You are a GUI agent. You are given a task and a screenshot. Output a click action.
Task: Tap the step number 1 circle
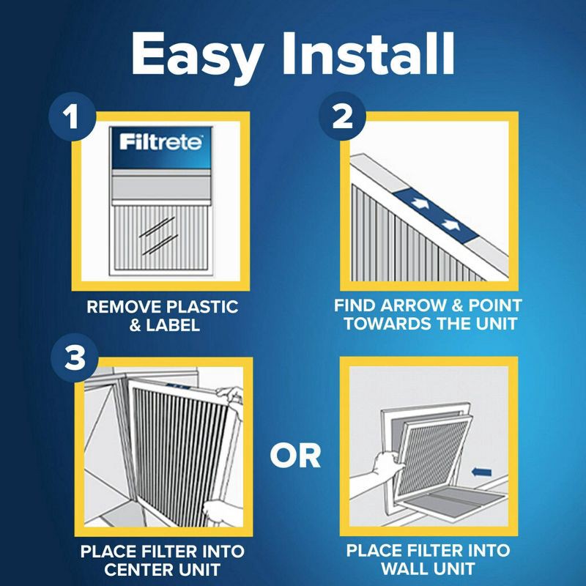72,118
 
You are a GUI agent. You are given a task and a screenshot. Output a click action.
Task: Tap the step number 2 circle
341,118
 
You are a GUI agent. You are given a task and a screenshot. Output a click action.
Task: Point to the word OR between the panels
295,455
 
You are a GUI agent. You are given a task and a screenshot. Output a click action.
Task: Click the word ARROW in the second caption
411,307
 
